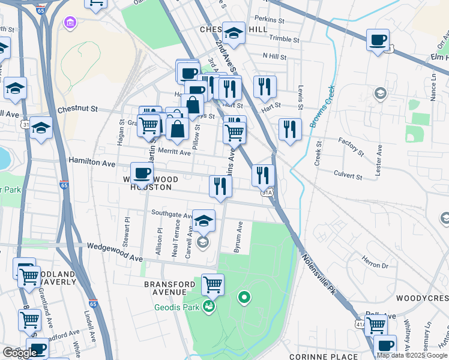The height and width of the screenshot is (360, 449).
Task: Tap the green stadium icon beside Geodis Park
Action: tap(209, 307)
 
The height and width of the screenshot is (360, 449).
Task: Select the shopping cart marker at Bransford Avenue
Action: tap(212, 284)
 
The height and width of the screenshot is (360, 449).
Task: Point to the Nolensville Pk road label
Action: tap(318, 274)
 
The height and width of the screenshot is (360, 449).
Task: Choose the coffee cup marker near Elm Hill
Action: tap(378, 40)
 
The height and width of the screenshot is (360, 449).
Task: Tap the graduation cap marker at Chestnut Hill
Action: tap(234, 33)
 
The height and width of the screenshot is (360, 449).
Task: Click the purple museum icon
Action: tap(70, 23)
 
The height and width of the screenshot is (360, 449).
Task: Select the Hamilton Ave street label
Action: tap(91, 163)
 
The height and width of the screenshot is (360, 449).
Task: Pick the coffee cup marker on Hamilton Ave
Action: tap(142, 173)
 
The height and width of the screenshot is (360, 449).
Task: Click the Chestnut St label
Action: tap(77, 109)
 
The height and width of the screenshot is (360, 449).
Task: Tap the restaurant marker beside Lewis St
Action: tap(290, 129)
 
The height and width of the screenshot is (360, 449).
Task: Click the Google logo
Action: tap(20, 353)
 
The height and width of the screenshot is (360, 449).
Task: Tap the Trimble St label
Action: tap(285, 38)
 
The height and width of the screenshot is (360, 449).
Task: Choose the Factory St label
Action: tap(351, 146)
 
